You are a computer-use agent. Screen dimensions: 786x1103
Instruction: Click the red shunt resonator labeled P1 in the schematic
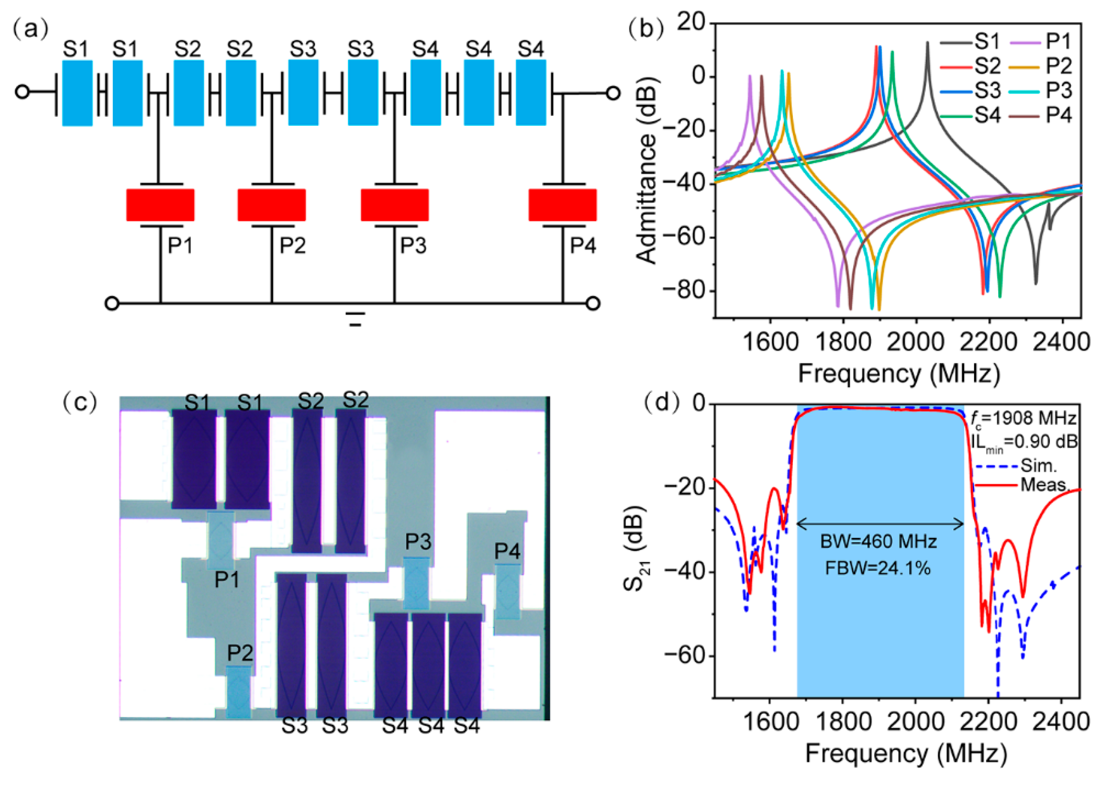tap(160, 205)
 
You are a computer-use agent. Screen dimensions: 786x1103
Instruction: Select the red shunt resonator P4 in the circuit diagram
tap(562, 205)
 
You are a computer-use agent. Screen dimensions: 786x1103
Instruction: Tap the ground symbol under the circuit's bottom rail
tap(356, 319)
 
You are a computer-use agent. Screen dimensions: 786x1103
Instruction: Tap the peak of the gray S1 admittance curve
tap(927, 43)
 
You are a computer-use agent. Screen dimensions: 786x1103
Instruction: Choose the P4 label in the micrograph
tap(507, 551)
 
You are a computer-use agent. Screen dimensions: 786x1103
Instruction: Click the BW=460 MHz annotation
tap(879, 541)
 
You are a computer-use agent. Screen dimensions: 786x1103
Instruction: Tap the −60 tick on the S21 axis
tap(687, 656)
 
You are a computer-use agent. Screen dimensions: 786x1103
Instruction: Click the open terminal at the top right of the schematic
tap(613, 92)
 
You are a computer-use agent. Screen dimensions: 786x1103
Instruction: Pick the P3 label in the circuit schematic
tap(413, 246)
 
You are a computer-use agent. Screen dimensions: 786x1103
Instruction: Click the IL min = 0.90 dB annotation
tap(1024, 442)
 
